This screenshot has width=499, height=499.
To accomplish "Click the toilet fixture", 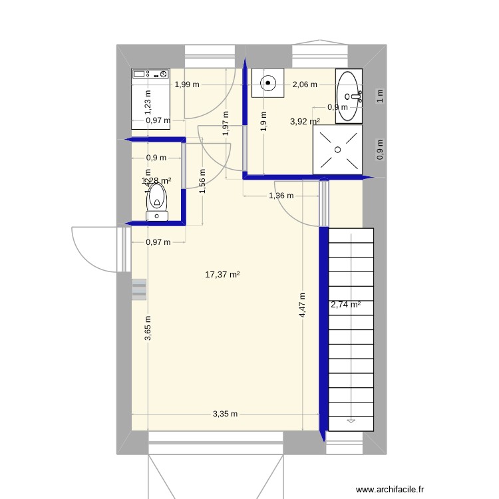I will click(157, 201).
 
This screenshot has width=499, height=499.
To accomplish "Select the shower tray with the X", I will click(338, 150).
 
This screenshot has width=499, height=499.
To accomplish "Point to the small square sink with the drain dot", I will click(268, 83).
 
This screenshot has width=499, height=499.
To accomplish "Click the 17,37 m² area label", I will click(222, 273).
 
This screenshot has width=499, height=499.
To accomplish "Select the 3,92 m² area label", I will click(305, 122).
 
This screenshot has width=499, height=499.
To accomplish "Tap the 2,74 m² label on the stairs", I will click(345, 305).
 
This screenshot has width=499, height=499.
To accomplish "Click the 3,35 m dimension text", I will click(225, 414).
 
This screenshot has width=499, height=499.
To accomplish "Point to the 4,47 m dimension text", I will click(302, 306).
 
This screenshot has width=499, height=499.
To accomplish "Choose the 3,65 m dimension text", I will click(148, 329).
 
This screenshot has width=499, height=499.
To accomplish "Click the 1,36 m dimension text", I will click(281, 196).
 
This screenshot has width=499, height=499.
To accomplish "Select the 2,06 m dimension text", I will click(305, 84).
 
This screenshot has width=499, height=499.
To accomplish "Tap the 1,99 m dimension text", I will click(186, 84).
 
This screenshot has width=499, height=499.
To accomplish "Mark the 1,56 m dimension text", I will click(202, 180).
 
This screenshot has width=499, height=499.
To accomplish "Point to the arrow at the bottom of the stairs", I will click(351, 420).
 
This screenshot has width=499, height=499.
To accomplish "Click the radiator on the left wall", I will click(139, 289).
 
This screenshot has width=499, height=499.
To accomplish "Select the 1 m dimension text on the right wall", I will click(380, 95).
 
